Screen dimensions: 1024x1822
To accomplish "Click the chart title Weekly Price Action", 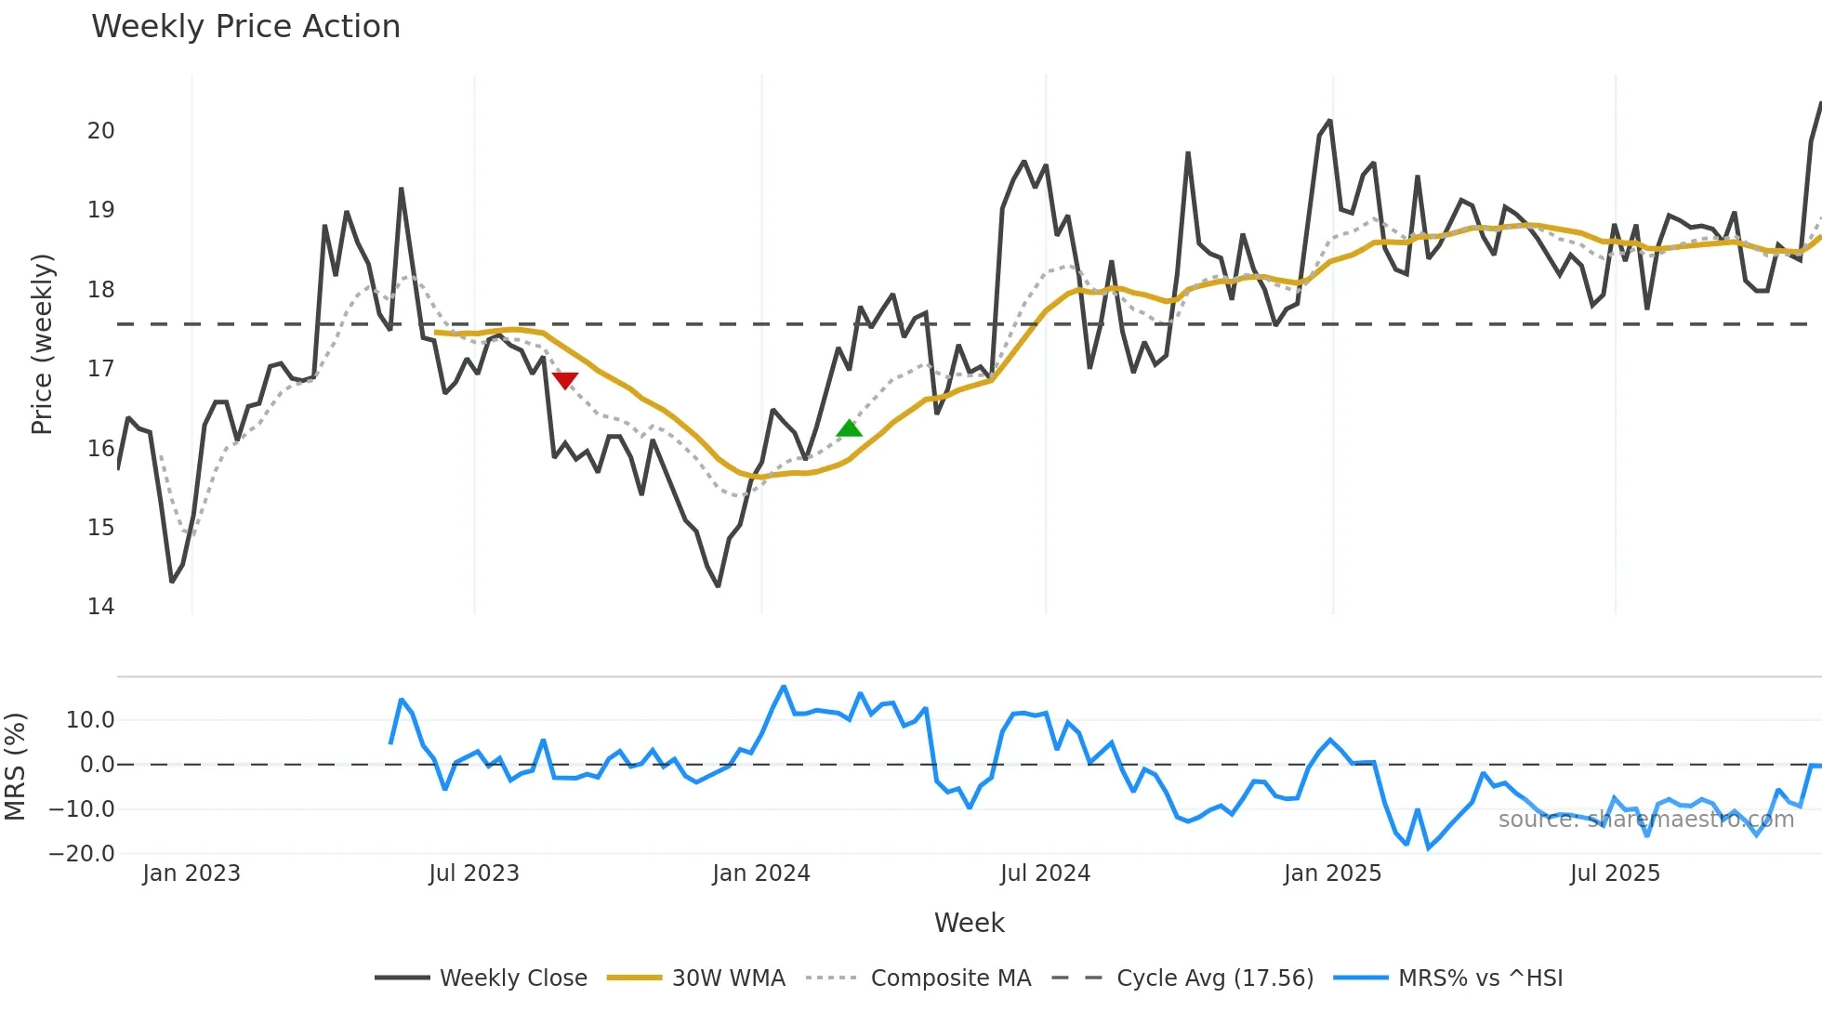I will (x=245, y=27).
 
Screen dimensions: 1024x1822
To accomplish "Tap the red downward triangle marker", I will (x=565, y=380).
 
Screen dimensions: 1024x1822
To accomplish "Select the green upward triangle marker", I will (x=849, y=428).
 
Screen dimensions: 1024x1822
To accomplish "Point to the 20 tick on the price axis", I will (x=101, y=131).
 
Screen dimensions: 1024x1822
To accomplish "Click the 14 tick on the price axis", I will (x=101, y=607).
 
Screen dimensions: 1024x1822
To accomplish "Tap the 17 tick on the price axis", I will (x=101, y=369).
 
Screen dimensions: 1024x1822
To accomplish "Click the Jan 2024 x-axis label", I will (x=761, y=873).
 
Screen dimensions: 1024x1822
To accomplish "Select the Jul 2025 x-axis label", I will (x=1615, y=873).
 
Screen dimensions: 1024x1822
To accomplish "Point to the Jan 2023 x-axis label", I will (x=191, y=873).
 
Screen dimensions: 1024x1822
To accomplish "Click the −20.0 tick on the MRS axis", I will (x=82, y=854).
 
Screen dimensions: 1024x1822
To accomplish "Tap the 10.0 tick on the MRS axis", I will (x=90, y=720).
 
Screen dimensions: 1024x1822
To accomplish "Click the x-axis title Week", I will (x=969, y=923).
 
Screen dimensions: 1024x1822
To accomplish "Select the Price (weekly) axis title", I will (x=42, y=344).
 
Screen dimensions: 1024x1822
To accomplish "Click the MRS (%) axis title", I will (x=15, y=767).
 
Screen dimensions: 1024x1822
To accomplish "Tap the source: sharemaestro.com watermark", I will (x=1645, y=820).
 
